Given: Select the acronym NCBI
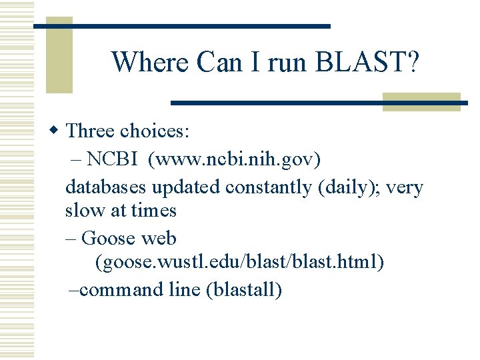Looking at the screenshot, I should (112, 159).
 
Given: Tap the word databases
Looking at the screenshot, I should (106, 187).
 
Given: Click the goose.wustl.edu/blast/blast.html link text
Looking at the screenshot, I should (240, 263).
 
